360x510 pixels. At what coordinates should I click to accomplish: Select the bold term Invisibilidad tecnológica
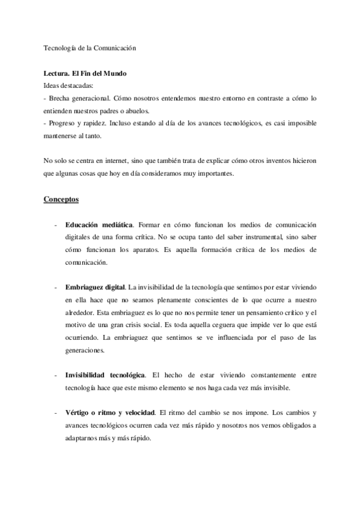(x=105, y=375)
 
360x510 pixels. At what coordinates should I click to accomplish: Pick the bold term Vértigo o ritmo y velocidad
(x=110, y=413)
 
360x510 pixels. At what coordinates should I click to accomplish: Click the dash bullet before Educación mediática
(x=56, y=225)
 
